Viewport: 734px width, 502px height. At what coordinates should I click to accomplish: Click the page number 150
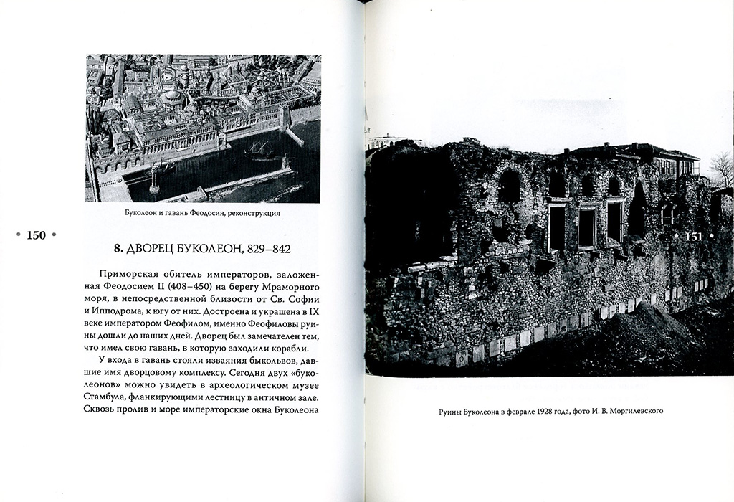36,235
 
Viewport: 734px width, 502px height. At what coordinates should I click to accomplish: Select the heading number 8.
118,249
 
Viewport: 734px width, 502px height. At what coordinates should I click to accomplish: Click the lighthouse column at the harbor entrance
153,180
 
